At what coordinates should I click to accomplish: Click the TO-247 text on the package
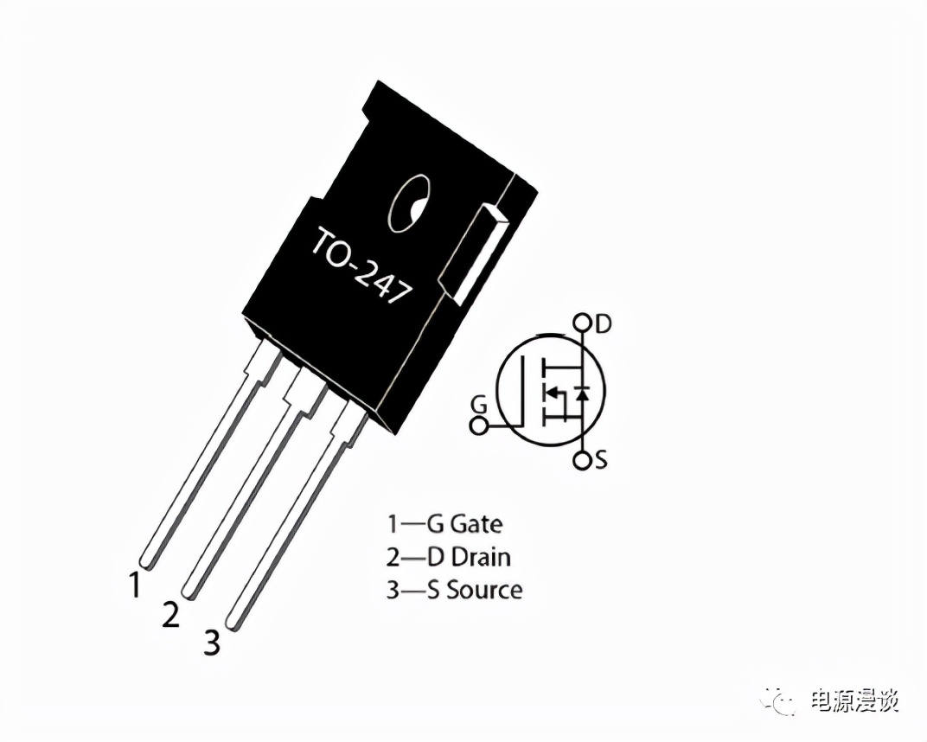coord(361,265)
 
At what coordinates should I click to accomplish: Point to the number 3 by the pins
coord(212,643)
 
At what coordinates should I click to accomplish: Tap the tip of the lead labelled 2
coord(189,592)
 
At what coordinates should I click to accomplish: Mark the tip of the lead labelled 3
coord(233,624)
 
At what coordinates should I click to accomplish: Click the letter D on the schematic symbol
coord(603,324)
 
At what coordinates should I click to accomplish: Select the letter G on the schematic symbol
coord(479,406)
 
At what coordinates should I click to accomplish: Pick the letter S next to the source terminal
coord(601,459)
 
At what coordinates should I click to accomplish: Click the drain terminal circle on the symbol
coord(582,323)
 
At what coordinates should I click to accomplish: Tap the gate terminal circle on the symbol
coord(478,425)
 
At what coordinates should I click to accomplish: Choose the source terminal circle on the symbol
coord(582,461)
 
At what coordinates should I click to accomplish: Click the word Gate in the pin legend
coord(476,524)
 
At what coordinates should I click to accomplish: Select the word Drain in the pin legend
coord(481,557)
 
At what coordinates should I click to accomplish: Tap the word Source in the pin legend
coord(484,590)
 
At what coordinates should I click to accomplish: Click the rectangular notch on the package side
coord(473,255)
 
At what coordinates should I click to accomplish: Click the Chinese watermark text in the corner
coord(855,700)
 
